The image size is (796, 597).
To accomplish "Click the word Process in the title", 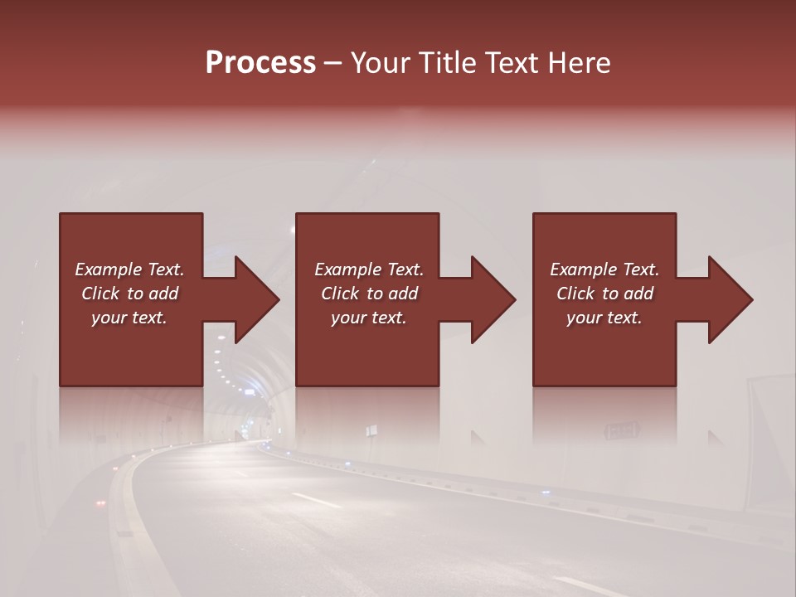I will click(x=260, y=63).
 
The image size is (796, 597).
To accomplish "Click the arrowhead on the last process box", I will click(x=729, y=299).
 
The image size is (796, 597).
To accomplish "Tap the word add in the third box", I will click(x=639, y=294).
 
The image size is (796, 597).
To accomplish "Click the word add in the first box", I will click(x=163, y=294).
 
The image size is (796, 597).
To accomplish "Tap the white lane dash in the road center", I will click(x=316, y=500).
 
